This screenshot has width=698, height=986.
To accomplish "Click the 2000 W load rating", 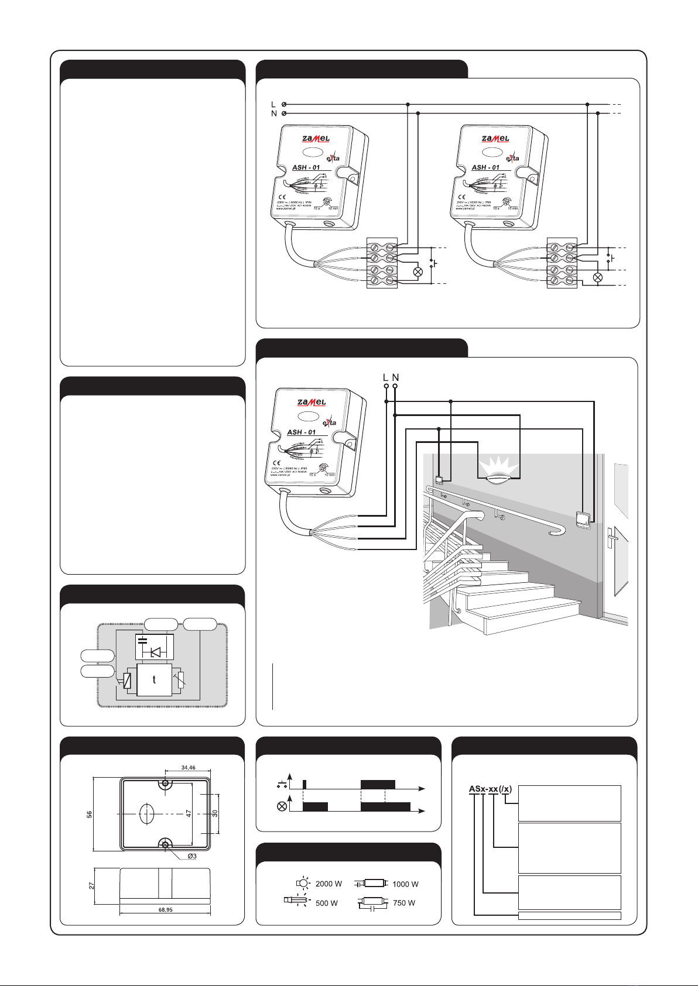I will point(328,884).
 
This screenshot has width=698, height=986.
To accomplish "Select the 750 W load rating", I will point(404,903).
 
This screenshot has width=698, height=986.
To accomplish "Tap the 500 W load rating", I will point(327,903).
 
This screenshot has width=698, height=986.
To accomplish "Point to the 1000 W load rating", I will point(405,884).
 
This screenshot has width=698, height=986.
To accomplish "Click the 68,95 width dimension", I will point(165,910).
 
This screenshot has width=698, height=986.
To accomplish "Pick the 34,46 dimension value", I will point(188,768).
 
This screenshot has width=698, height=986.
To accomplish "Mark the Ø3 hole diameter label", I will point(192,856).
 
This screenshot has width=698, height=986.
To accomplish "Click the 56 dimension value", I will point(90,814).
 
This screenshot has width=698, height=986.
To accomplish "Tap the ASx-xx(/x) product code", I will point(490,789).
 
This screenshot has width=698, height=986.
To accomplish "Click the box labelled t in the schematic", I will point(154,680).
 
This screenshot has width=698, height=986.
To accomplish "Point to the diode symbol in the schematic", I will point(156,652).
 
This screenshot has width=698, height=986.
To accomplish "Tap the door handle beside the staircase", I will point(611,535).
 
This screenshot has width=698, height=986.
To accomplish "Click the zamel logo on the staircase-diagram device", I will point(311,403).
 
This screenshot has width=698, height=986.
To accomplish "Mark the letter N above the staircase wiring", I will point(396,378).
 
